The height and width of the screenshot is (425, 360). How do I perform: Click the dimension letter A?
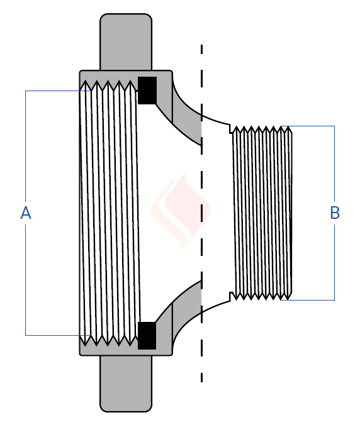(26, 213)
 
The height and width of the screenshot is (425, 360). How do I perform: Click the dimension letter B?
(335, 213)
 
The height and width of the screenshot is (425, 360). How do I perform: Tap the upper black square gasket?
(147, 91)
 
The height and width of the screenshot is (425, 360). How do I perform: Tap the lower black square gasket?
(147, 336)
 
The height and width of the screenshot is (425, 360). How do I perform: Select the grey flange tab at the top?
(126, 42)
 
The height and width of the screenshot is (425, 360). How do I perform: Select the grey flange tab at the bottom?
(126, 384)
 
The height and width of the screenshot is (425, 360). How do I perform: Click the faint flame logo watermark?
(181, 213)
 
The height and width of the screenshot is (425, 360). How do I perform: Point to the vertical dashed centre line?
(201, 213)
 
